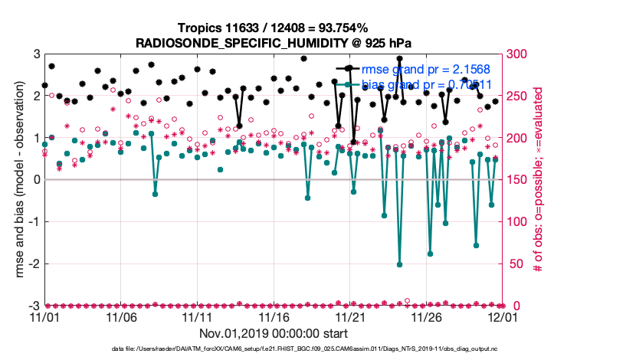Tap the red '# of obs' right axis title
coord(539,180)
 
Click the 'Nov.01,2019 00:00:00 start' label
coord(274,334)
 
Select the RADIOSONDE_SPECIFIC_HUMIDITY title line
coord(274,43)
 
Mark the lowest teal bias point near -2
coord(400,264)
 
